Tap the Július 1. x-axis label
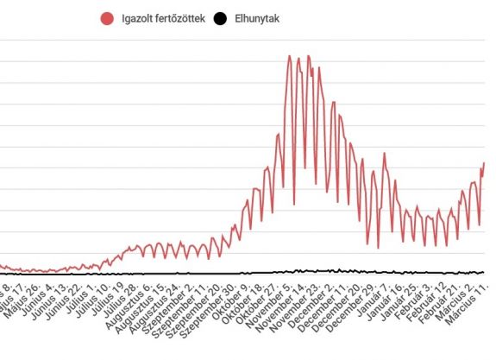84,297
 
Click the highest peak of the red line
289,56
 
